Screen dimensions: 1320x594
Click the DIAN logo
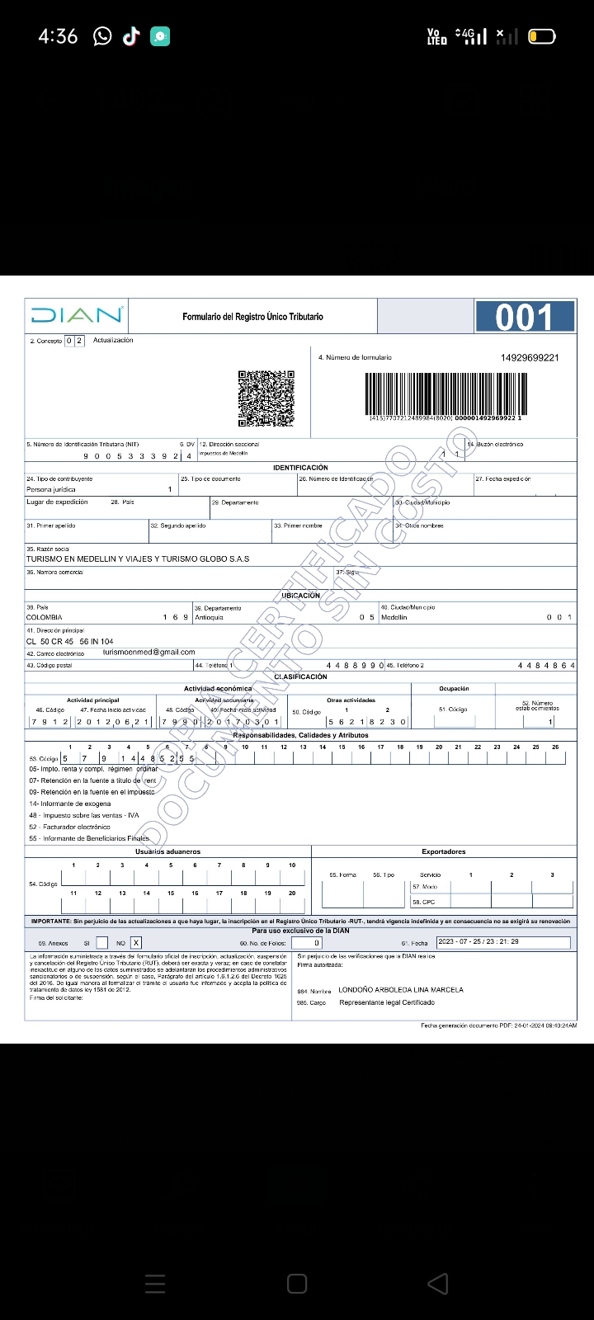pos(77,315)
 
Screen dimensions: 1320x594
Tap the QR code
pos(266,398)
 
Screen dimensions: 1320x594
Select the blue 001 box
pos(524,317)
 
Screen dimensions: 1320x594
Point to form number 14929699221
pos(530,357)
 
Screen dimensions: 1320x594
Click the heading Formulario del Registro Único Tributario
pos(252,317)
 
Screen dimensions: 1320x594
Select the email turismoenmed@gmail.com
pos(149,652)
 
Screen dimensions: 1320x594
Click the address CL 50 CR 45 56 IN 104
pos(70,641)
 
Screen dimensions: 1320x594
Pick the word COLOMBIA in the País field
pos(45,617)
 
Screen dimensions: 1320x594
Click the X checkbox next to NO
pos(136,942)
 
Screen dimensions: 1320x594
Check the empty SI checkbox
pos(101,942)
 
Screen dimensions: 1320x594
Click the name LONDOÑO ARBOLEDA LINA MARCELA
pos(401,989)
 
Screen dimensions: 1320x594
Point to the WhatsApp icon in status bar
pos(102,36)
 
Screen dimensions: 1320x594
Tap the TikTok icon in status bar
pos(131,36)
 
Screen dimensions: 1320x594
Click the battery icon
pos(541,36)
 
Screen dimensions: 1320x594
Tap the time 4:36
pos(58,36)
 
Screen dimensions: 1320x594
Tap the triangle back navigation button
pos(438,1283)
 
